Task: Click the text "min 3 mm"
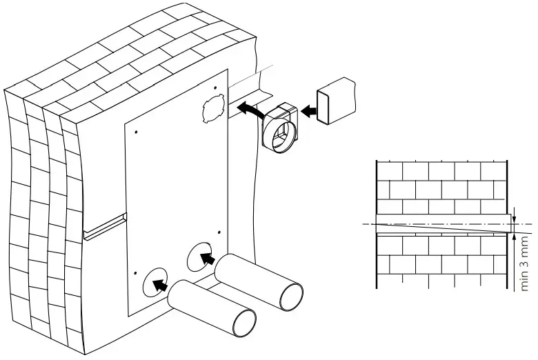pos(526,264)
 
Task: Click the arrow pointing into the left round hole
pos(160,283)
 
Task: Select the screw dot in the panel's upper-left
pos(136,132)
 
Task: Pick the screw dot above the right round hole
pos(218,232)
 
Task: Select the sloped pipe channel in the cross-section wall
pos(441,223)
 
